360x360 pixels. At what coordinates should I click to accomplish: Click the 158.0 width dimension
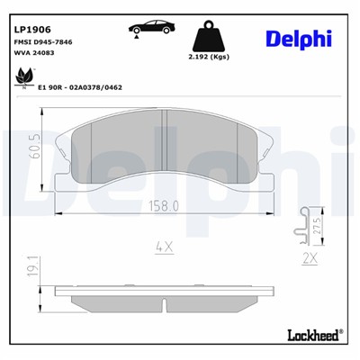pos(163,205)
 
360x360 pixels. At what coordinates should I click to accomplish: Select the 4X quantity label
pos(163,245)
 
